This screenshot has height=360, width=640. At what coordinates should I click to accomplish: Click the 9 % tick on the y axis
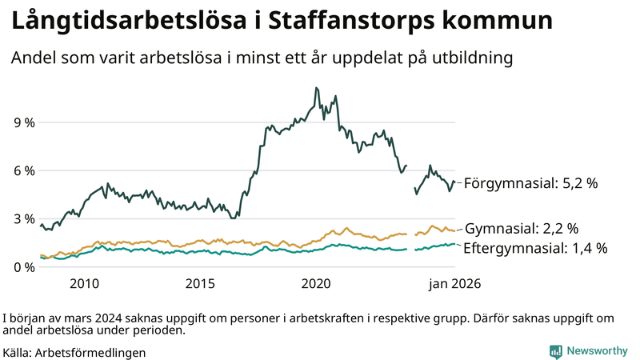(x=22, y=122)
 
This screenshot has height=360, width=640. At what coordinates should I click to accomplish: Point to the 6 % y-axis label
(x=22, y=170)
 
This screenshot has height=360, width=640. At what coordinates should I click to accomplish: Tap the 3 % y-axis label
(x=22, y=218)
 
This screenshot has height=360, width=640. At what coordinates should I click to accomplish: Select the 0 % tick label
(x=22, y=266)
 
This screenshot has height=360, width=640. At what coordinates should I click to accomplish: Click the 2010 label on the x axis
(x=84, y=283)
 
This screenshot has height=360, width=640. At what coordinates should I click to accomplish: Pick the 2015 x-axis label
(x=200, y=283)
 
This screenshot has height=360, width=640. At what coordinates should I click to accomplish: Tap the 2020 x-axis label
(x=317, y=283)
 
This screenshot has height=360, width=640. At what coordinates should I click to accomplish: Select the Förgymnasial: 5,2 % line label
(x=531, y=183)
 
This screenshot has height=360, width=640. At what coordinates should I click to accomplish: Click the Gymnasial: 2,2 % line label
(x=522, y=229)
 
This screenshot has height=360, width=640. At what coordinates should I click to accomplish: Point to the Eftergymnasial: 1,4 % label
(x=535, y=247)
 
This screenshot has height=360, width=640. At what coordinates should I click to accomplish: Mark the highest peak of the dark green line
(x=317, y=88)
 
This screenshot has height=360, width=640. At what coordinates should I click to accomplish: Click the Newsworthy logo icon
(x=555, y=350)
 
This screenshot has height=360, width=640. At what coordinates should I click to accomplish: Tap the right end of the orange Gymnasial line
(x=454, y=230)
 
